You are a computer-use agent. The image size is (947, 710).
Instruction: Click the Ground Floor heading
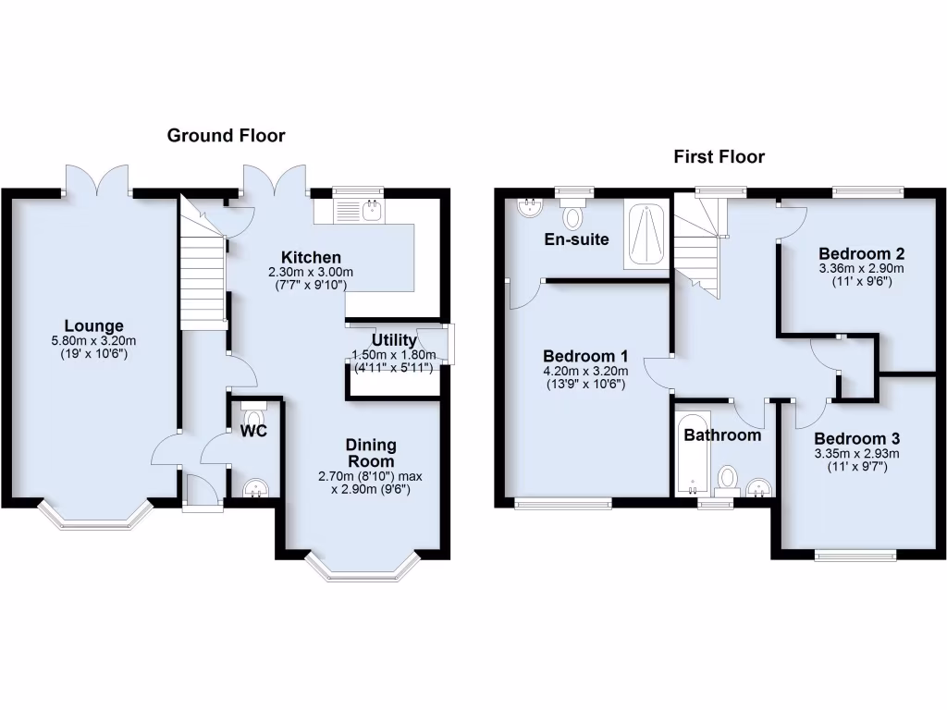click(x=226, y=136)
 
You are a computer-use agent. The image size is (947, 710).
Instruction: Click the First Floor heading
click(x=719, y=157)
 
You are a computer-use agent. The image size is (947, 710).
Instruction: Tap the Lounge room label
click(x=93, y=325)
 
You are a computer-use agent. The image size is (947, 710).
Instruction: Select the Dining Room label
click(x=371, y=452)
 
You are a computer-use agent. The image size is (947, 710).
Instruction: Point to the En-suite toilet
click(x=573, y=216)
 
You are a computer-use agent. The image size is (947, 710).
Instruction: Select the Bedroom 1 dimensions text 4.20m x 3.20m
click(x=585, y=372)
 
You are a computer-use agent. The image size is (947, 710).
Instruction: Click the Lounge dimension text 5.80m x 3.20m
click(x=93, y=340)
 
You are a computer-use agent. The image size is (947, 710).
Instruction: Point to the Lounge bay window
click(x=93, y=518)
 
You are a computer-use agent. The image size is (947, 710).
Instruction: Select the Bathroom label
click(x=721, y=435)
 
